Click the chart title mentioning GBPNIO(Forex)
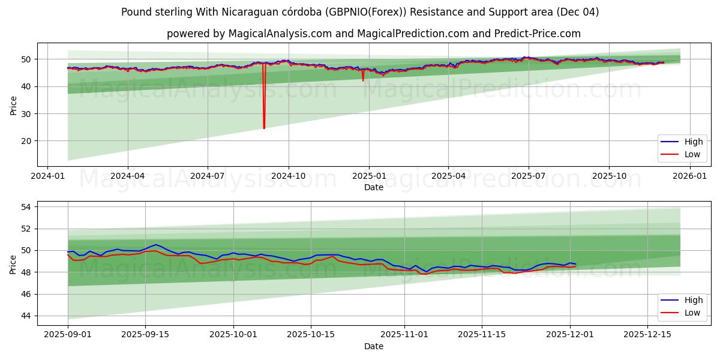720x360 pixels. (360, 12)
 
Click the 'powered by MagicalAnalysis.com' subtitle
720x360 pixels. (373, 34)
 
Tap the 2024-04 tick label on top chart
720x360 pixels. (128, 176)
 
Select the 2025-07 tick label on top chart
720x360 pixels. (529, 176)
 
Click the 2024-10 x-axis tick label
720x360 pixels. (288, 176)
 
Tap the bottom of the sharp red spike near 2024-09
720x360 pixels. (264, 128)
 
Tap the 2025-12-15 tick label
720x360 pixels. (647, 335)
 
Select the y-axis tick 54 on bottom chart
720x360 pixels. (27, 207)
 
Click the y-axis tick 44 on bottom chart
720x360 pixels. (27, 316)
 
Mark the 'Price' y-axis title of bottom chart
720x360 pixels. (13, 263)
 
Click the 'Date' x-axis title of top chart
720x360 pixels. (373, 187)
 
